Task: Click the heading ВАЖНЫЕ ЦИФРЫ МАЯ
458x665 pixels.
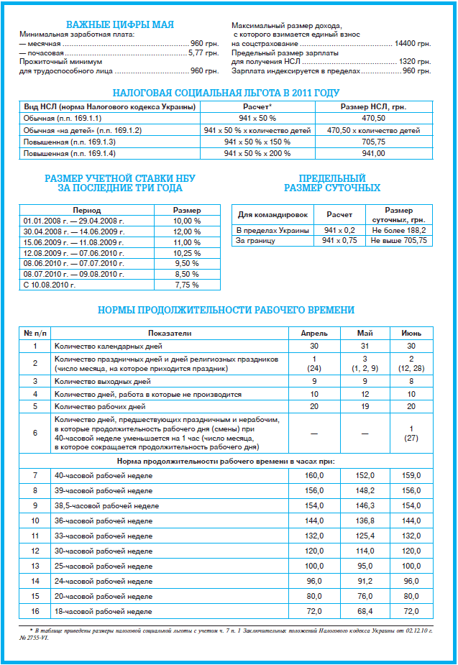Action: coord(120,25)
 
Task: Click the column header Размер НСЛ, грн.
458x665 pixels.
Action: coord(373,107)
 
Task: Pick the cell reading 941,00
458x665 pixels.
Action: coord(373,153)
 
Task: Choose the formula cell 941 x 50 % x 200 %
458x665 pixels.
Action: coord(257,153)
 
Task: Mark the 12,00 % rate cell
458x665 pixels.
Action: coord(186,231)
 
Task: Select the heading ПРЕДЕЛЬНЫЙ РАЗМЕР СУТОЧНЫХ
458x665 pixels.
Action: coord(332,183)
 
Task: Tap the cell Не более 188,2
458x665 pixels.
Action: coord(399,230)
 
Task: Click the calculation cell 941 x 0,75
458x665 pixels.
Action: coord(339,241)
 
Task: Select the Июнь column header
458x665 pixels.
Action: coord(411,334)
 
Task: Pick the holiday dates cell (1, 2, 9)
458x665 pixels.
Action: coord(365,368)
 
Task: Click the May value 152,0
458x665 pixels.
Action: coord(365,475)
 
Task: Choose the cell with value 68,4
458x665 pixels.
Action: coord(365,611)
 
